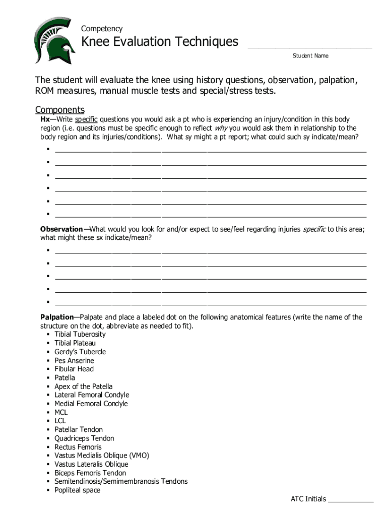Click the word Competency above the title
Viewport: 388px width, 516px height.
click(x=102, y=29)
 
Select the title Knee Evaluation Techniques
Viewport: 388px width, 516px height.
click(x=160, y=42)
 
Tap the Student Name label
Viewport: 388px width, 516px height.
click(x=310, y=55)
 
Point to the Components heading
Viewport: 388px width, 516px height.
click(x=59, y=110)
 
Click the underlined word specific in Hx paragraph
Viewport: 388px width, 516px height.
click(x=86, y=119)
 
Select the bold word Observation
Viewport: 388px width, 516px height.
click(x=61, y=229)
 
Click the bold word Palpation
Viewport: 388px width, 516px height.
click(x=57, y=317)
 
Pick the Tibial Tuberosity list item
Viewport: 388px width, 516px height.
click(x=80, y=334)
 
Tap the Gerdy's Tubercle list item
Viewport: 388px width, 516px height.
click(x=80, y=352)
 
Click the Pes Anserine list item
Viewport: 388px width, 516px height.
click(x=74, y=360)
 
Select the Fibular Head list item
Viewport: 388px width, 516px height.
click(x=74, y=369)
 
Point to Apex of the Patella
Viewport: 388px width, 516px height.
click(x=84, y=386)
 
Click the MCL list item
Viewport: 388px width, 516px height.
click(x=61, y=412)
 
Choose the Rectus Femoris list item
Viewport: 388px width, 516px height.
click(x=78, y=447)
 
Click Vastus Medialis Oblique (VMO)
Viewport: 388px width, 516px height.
click(x=102, y=456)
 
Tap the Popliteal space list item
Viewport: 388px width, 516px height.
click(x=77, y=490)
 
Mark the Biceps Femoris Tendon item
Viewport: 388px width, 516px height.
click(x=90, y=473)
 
